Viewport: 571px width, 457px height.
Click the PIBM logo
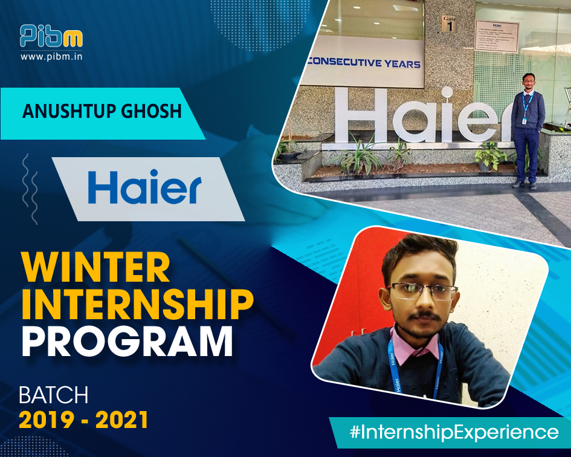[51, 37]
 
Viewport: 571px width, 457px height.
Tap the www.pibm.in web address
[51, 57]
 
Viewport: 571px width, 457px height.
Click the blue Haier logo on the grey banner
[144, 188]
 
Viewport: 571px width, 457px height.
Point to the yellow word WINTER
[95, 268]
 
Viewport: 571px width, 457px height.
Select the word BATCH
[54, 395]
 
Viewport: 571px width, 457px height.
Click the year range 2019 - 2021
[83, 420]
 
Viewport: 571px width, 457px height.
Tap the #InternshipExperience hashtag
[454, 432]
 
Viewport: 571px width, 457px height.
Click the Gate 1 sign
[448, 24]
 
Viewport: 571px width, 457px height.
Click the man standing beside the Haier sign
[527, 130]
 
